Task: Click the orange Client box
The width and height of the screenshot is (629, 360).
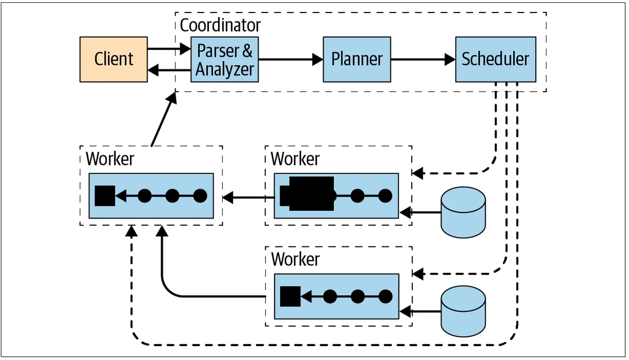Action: click(113, 59)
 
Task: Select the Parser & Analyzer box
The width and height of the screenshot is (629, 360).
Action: click(225, 59)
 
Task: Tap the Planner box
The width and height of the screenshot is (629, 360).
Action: click(357, 59)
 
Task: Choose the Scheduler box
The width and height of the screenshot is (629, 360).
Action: click(495, 59)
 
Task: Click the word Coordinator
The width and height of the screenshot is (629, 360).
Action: click(220, 25)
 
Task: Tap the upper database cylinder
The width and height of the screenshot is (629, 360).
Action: click(463, 213)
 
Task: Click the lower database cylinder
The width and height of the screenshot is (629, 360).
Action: click(463, 311)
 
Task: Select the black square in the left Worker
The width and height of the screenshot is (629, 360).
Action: click(105, 196)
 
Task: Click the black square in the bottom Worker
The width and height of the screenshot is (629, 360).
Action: click(290, 297)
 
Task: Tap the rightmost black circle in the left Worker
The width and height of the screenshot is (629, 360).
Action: click(200, 196)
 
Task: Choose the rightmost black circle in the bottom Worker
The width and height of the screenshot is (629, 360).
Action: click(385, 297)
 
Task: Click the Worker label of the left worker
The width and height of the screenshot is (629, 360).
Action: click(110, 158)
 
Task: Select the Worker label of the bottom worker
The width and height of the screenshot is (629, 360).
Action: click(295, 259)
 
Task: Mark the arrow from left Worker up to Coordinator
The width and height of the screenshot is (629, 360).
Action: click(163, 120)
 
